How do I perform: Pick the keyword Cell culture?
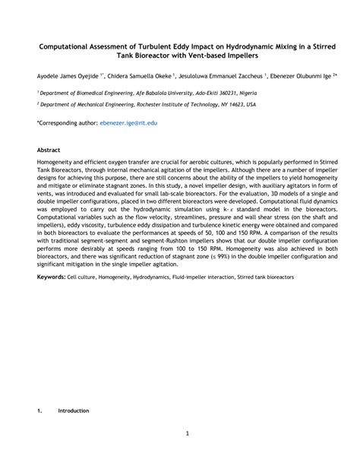click(84, 277)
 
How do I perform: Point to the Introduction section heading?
click(74, 411)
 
